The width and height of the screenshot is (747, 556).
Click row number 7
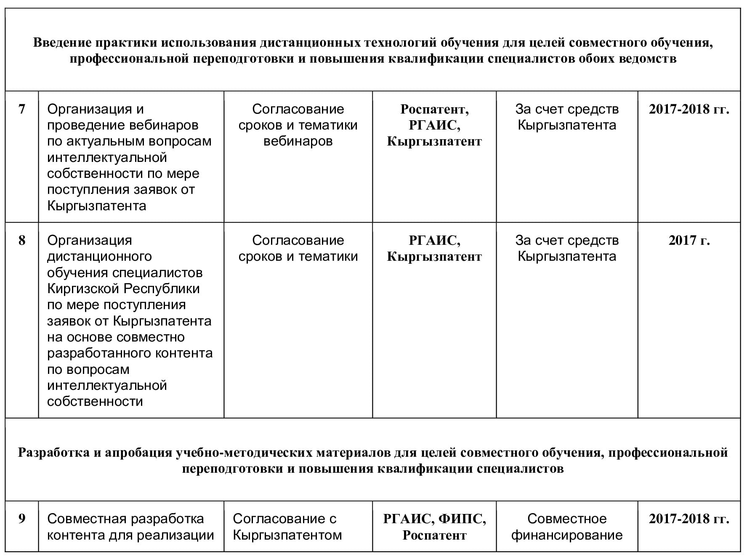click(x=22, y=109)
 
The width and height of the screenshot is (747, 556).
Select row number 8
click(x=22, y=241)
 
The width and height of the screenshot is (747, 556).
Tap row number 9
click(x=22, y=519)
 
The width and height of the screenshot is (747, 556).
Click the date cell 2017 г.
click(x=689, y=241)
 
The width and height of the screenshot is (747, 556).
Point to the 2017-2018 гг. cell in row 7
click(x=689, y=109)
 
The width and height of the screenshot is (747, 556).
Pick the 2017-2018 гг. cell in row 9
click(x=689, y=519)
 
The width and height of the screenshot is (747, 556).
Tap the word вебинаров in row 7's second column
click(x=298, y=141)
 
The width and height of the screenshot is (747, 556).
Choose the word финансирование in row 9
click(x=567, y=535)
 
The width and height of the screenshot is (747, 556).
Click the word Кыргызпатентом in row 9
click(x=287, y=535)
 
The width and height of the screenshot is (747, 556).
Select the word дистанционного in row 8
click(x=99, y=257)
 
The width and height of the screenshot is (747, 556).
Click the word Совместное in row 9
click(x=567, y=519)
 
